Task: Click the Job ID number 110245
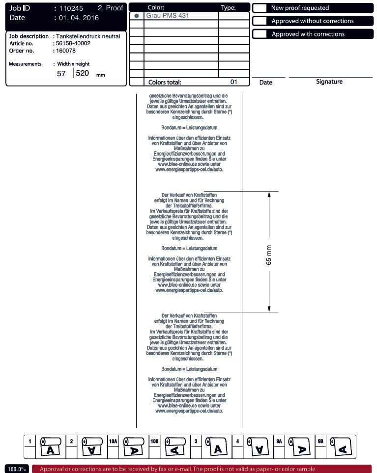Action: click(x=71, y=8)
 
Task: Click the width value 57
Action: click(x=61, y=74)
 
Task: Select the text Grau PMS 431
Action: click(x=168, y=16)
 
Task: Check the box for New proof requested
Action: click(x=261, y=8)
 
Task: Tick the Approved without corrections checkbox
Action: click(x=261, y=21)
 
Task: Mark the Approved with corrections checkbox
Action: click(x=261, y=34)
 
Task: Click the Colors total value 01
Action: click(x=233, y=82)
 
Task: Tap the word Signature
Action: click(x=329, y=82)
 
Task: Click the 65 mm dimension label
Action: click(x=269, y=255)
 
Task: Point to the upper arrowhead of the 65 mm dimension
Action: click(x=269, y=195)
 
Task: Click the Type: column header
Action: click(x=229, y=8)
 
